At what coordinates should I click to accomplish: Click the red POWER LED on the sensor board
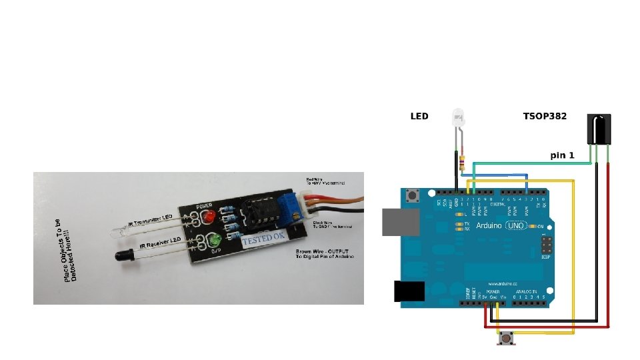pos(208,218)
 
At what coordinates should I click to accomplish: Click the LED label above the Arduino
pos(419,116)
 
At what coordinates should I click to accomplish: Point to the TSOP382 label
pos(545,116)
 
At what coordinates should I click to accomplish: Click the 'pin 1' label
pos(562,155)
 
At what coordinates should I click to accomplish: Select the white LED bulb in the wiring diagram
pos(458,121)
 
